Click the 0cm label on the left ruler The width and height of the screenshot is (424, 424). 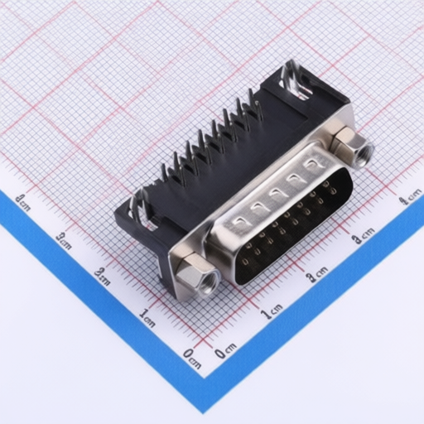coord(191,359)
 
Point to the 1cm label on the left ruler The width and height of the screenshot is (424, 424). coord(148,316)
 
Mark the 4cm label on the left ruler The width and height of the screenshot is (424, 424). coord(22,201)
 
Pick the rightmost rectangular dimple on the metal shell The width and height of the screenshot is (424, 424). coord(311,165)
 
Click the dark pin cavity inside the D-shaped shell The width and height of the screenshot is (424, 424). coord(290,232)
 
